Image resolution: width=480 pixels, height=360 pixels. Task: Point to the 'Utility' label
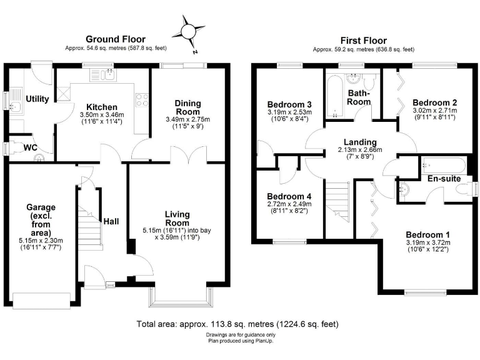tap(37, 99)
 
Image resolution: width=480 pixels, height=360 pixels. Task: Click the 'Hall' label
tap(111, 221)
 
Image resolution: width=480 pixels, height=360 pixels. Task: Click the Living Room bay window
tap(178, 298)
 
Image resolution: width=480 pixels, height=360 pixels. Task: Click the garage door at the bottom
tap(43, 300)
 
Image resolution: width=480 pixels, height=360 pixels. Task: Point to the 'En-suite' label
tap(444, 179)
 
